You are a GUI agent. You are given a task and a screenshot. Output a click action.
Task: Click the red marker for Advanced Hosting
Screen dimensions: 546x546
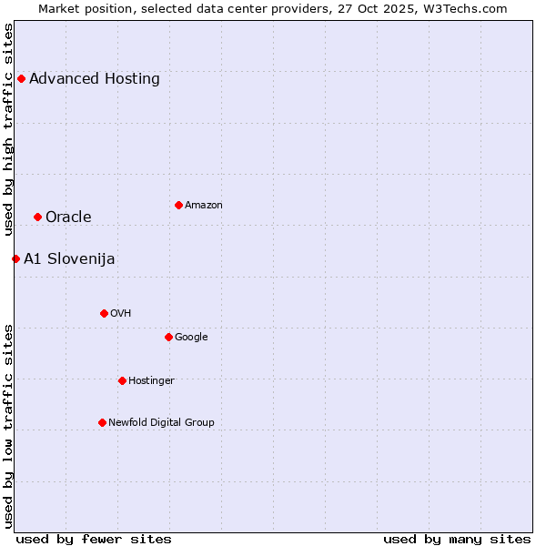21,78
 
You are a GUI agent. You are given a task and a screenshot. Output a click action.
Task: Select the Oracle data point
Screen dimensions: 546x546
37,217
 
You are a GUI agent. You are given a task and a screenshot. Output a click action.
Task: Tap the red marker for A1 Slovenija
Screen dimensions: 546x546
15,258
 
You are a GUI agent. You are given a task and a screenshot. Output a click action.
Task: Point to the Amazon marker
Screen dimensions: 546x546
178,205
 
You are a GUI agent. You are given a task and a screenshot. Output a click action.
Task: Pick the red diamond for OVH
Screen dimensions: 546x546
104,313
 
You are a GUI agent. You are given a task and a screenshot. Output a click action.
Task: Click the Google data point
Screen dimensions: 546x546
168,337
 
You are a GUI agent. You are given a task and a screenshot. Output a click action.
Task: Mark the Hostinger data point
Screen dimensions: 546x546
122,380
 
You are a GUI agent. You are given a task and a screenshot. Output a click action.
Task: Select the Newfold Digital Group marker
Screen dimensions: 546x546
102,422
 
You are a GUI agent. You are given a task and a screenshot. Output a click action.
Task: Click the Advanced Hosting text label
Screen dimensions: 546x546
95,78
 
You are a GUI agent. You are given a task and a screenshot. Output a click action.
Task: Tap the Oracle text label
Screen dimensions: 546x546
68,217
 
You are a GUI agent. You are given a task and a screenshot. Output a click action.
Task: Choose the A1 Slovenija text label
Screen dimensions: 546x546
69,258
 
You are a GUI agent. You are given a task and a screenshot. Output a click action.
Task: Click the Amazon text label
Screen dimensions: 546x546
204,205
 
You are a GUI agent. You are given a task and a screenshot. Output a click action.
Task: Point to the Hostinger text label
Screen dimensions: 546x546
151,380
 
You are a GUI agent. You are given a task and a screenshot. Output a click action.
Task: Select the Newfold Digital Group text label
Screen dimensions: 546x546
161,422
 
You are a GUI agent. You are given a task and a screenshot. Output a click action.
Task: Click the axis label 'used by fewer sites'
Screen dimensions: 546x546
94,539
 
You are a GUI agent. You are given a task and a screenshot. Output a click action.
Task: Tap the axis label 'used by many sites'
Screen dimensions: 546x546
457,539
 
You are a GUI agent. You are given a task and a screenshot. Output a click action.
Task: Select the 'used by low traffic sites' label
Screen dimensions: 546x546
8,426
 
